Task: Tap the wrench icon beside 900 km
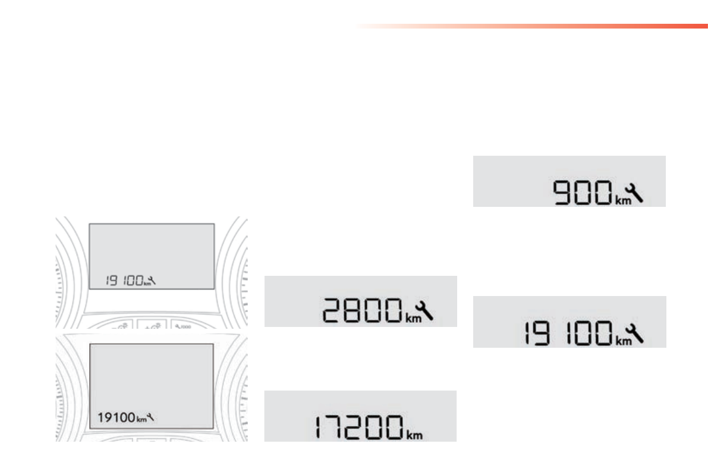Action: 636,192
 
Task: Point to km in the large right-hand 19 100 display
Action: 622,341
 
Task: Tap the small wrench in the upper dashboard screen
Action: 153,280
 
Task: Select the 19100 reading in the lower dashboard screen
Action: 117,417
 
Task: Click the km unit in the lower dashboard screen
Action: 141,419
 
